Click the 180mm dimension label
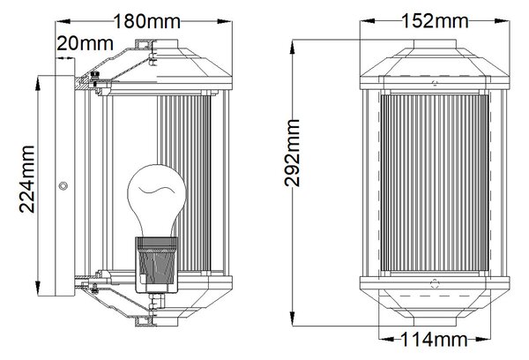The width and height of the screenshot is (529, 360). (x=146, y=21)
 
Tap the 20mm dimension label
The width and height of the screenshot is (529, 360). (x=85, y=43)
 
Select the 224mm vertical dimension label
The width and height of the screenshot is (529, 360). (x=27, y=179)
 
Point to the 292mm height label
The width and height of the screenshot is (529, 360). (x=292, y=153)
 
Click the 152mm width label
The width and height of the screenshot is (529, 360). (x=435, y=20)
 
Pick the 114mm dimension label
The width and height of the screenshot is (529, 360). (x=434, y=339)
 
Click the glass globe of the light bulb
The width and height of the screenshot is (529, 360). (x=157, y=200)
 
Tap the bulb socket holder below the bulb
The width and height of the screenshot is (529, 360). (x=156, y=265)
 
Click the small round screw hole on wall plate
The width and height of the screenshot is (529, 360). (x=63, y=185)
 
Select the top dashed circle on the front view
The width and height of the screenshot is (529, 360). (x=435, y=83)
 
